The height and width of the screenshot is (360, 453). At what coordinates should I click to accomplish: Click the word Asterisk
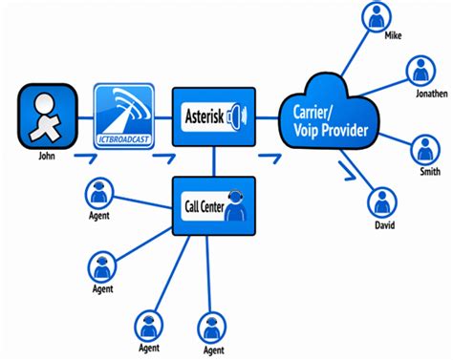[204, 116]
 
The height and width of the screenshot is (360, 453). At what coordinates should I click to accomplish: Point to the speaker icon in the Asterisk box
[241, 116]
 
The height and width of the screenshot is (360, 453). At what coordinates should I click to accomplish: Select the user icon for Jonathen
[421, 71]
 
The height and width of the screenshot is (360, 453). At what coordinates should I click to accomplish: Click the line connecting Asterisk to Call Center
[215, 160]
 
